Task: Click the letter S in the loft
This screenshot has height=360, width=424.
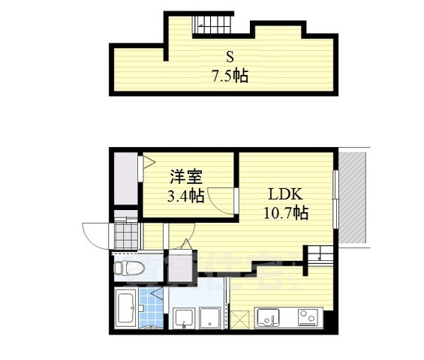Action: click(230, 55)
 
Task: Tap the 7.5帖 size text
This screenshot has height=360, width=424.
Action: click(230, 75)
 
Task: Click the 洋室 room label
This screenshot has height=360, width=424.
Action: click(185, 178)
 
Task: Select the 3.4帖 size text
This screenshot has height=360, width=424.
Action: click(185, 196)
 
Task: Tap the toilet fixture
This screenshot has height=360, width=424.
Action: click(130, 267)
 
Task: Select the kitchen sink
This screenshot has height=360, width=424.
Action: click(268, 318)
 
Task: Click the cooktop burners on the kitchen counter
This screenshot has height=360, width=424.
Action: click(308, 318)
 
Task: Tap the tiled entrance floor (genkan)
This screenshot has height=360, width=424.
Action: click(127, 235)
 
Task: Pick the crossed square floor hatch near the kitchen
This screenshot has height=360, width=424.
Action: click(239, 319)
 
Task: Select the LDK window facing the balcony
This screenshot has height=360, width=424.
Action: click(335, 198)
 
